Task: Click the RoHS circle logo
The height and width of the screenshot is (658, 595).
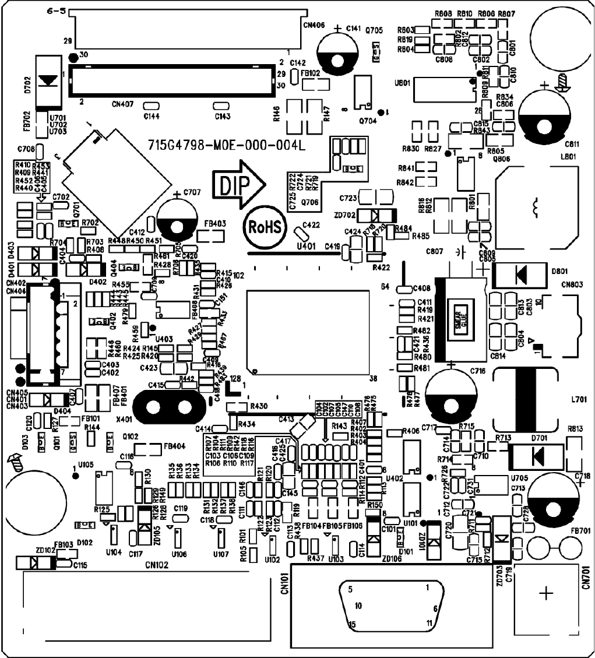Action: [x=265, y=225]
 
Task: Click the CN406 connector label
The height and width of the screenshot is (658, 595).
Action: [x=314, y=25]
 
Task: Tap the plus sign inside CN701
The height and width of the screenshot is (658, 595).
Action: [x=546, y=594]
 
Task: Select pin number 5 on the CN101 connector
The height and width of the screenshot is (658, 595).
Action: [x=350, y=589]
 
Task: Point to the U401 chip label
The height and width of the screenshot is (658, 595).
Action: [x=307, y=247]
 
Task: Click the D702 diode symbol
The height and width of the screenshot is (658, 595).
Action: [x=48, y=82]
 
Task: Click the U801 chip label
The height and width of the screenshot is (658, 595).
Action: [x=401, y=83]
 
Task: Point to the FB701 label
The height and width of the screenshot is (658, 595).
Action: [x=580, y=530]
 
